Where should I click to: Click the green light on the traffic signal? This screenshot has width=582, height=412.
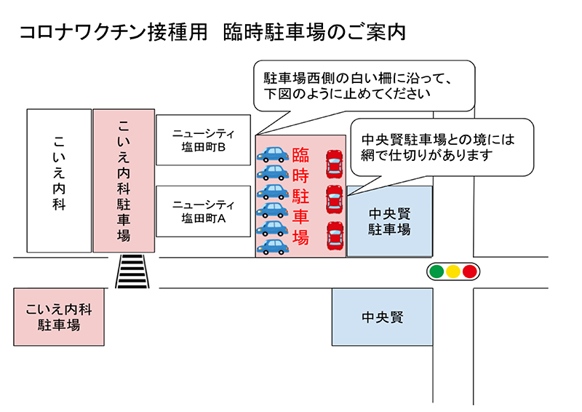[x=437, y=272]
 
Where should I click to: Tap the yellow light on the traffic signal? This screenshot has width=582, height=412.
[x=453, y=272]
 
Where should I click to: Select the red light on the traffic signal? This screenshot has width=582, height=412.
[x=469, y=272]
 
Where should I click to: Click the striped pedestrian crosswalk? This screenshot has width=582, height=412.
[x=132, y=272]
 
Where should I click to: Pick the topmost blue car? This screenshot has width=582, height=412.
[x=273, y=154]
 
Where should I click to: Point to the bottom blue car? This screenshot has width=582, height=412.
[x=273, y=247]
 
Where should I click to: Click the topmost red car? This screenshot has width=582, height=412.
[x=335, y=164]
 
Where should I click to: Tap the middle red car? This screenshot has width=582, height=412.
[x=335, y=199]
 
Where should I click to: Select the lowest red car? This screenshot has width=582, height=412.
[x=335, y=236]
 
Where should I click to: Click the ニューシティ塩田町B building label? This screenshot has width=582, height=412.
[x=204, y=140]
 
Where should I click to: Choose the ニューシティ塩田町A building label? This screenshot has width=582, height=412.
[x=204, y=211]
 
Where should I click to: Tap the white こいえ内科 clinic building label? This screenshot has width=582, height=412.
[x=59, y=173]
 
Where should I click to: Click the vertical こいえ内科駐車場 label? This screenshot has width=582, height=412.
[x=124, y=181]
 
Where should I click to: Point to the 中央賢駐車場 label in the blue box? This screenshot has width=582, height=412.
[x=389, y=221]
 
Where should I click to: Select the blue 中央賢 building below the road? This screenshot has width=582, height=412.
[x=383, y=317]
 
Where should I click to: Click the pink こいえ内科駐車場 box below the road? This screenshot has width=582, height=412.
[x=59, y=317]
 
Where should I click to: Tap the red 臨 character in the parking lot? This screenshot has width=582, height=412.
[x=300, y=155]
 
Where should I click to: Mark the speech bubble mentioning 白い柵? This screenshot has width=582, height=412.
[x=364, y=86]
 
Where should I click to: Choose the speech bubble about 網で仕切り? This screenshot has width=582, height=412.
[x=442, y=148]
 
